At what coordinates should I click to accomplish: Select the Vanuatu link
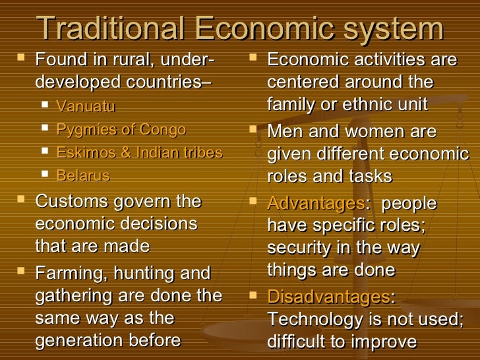point(86,106)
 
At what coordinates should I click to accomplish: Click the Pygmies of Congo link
point(121,129)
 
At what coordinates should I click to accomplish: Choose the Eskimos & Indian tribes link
point(139,153)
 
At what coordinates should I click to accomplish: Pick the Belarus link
point(83,176)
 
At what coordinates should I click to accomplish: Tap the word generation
point(80,341)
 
